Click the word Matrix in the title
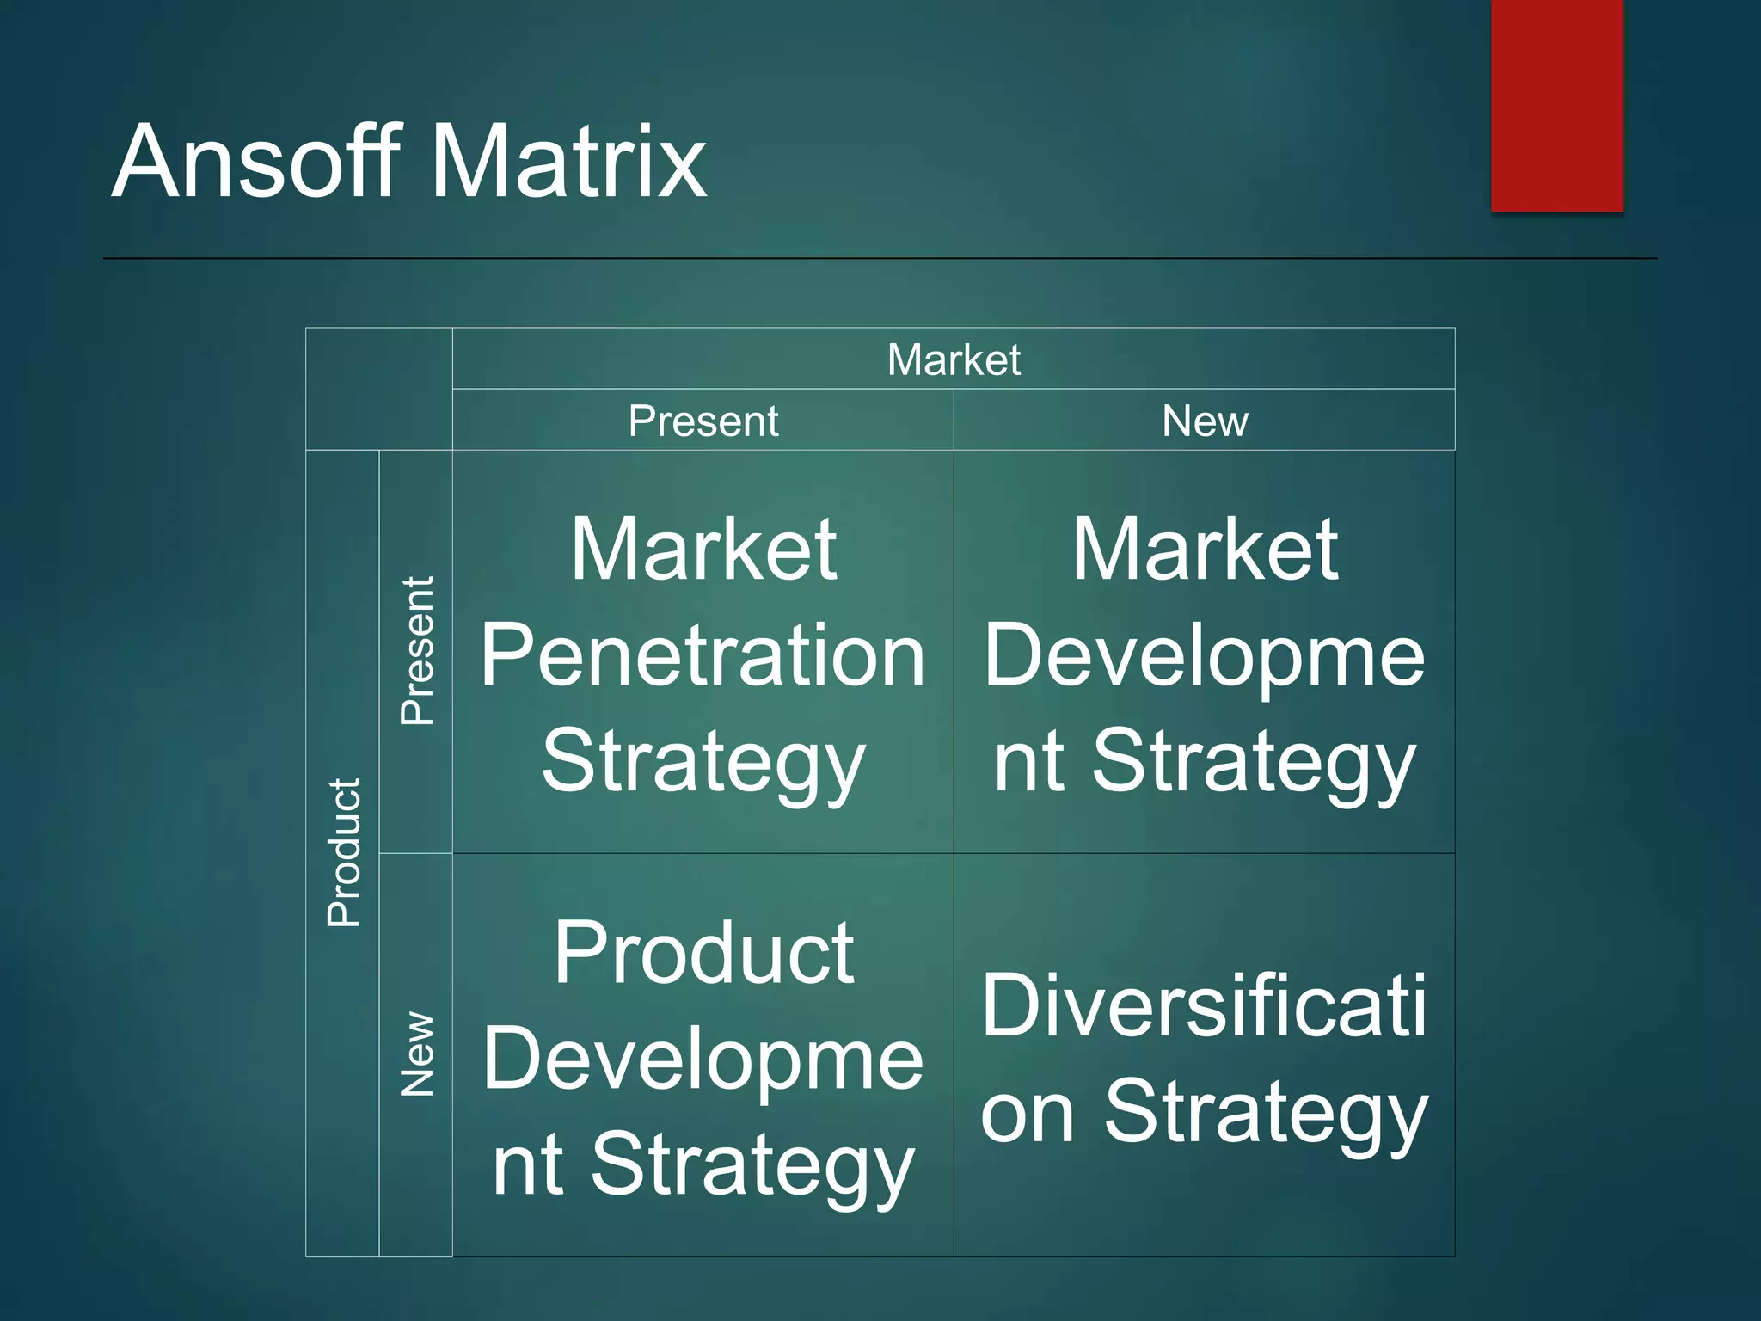[568, 162]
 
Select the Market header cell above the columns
[953, 359]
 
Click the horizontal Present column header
[703, 421]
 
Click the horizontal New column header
[1204, 421]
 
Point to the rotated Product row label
[344, 852]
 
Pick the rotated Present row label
[417, 651]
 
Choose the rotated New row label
[417, 1054]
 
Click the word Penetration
[703, 655]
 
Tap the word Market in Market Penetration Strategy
[703, 550]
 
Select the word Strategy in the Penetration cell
[703, 762]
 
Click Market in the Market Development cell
[1204, 550]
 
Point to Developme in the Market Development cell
[1204, 657]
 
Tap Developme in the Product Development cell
[703, 1060]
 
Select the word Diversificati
[1204, 1006]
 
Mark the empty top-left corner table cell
[378, 389]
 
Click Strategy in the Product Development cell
[752, 1166]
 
